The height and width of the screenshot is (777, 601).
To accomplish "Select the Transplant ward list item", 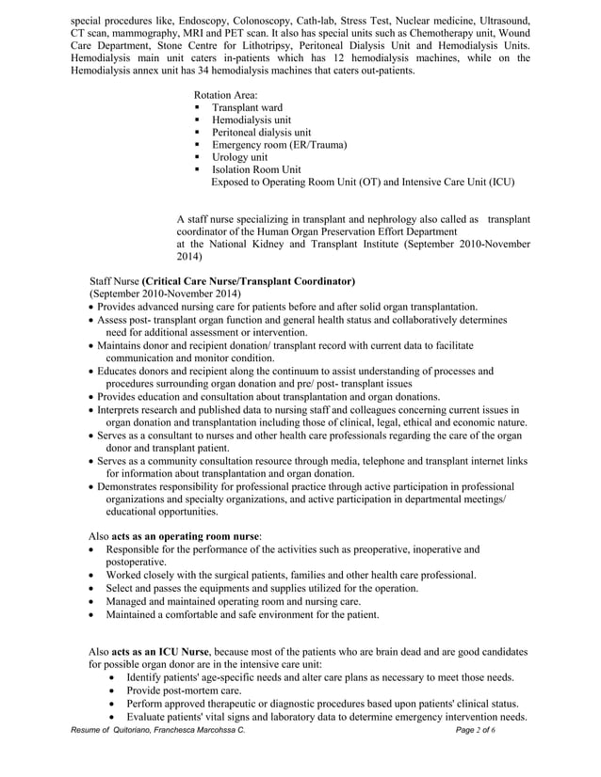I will (247, 108).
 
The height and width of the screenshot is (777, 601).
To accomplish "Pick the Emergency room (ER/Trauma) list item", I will (279, 145).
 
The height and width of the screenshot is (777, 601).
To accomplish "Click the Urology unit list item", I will (239, 157).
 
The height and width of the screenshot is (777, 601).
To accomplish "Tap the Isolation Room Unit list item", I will (255, 169).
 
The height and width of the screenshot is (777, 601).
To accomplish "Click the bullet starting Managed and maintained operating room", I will (233, 601).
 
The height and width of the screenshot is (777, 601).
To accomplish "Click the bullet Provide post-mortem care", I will (185, 690).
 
